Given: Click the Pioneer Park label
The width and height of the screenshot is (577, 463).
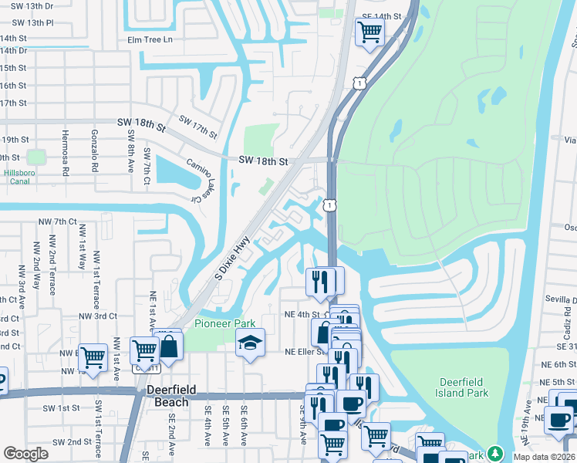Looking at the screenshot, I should pyautogui.click(x=224, y=323).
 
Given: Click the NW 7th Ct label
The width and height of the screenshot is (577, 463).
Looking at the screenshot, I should pyautogui.click(x=58, y=221).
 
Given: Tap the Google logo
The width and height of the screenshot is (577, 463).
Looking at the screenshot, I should pyautogui.click(x=25, y=454).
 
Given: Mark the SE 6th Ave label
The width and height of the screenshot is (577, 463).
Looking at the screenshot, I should pyautogui.click(x=244, y=426).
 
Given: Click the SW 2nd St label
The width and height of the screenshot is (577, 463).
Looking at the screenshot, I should pyautogui.click(x=73, y=442).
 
